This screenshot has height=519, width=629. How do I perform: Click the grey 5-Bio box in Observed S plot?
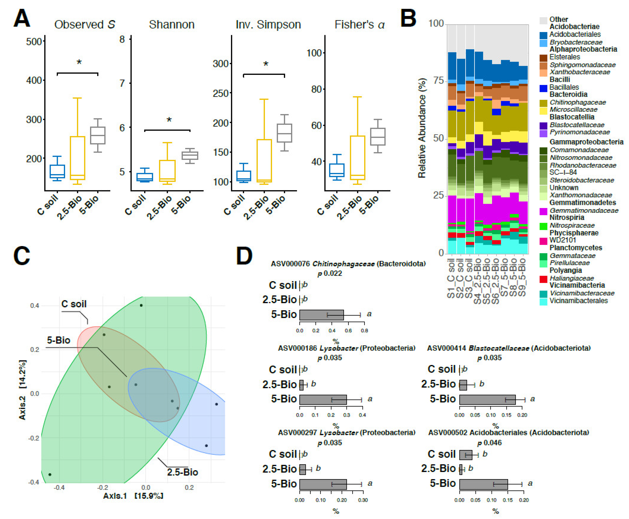pos(98,136)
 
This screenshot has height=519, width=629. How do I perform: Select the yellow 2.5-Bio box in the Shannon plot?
pos(167,171)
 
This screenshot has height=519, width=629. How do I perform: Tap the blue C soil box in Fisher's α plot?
pos(337,170)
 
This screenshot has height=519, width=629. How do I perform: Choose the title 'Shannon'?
pos(172,25)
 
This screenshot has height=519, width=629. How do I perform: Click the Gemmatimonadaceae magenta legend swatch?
pos(543,211)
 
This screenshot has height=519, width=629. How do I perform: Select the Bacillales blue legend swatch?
pos(543,88)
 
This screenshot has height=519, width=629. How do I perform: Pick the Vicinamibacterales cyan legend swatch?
pos(543,302)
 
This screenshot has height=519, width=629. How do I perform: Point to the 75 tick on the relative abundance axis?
pos(439,81)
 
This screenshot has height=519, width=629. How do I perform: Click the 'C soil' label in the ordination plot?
pos(74,304)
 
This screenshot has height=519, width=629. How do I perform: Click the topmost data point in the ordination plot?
pos(141,305)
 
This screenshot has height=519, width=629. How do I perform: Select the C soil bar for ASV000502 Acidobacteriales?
pos(465,455)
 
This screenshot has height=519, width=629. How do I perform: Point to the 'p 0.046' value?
pos(489,443)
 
